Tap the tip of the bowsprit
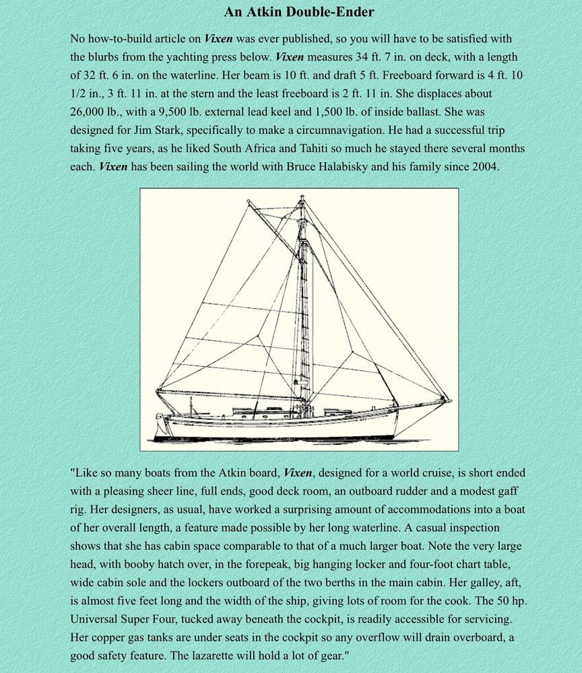(x=449, y=401)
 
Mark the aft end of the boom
(x=158, y=392)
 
